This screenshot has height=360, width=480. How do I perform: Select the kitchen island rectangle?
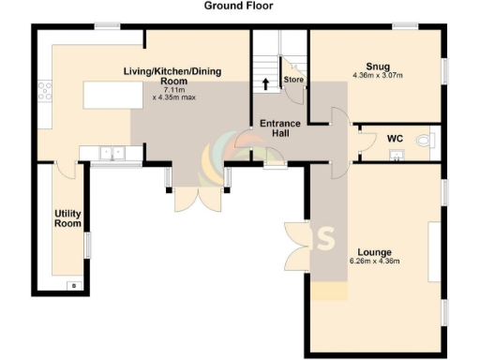coord(105,96)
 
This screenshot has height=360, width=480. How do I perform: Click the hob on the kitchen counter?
coord(43,91)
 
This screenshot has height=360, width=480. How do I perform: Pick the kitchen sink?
coord(112,152)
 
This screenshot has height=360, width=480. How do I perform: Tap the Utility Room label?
coord(67,218)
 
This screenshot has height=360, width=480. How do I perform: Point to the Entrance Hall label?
coord(278,128)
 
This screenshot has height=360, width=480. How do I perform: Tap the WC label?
coord(395,138)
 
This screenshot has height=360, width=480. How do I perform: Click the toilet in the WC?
coord(427,141)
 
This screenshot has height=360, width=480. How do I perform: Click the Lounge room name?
coord(374,252)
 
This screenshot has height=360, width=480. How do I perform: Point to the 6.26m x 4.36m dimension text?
coord(374,262)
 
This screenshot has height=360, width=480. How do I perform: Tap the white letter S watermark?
coord(327,238)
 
